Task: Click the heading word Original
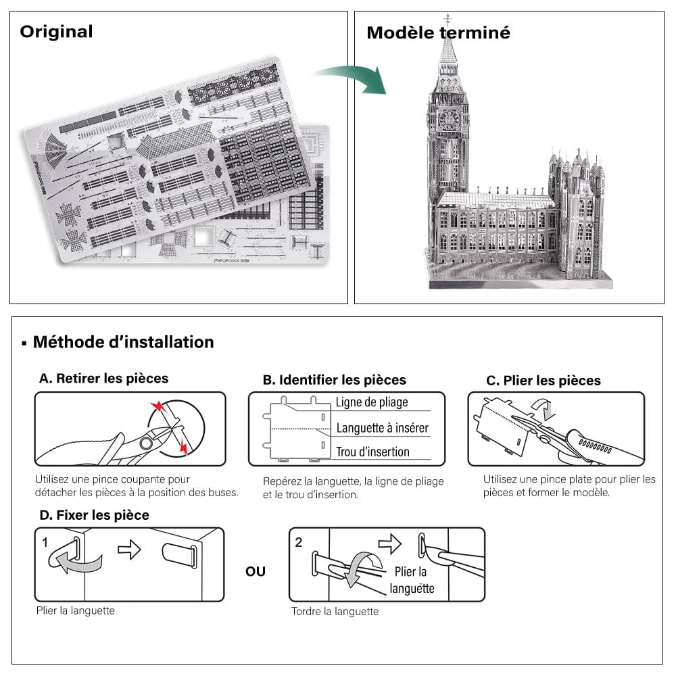coord(56,32)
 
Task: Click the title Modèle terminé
coord(438,32)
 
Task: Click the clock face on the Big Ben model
coord(447,120)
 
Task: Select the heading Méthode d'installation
coord(123,342)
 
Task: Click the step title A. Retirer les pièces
coord(103,379)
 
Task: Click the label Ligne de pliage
coord(372,402)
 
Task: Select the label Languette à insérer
coord(382,428)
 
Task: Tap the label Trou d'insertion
coord(372,452)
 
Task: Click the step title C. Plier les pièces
coord(544,381)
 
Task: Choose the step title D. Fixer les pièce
coord(94,515)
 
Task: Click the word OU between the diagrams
coord(256,572)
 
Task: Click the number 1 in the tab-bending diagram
coord(45,542)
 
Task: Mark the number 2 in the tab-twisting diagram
coord(299,542)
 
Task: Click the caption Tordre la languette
coord(335,611)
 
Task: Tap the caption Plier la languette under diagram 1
coord(75,610)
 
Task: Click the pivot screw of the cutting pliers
coord(145,443)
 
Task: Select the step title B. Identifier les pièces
coord(334,380)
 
